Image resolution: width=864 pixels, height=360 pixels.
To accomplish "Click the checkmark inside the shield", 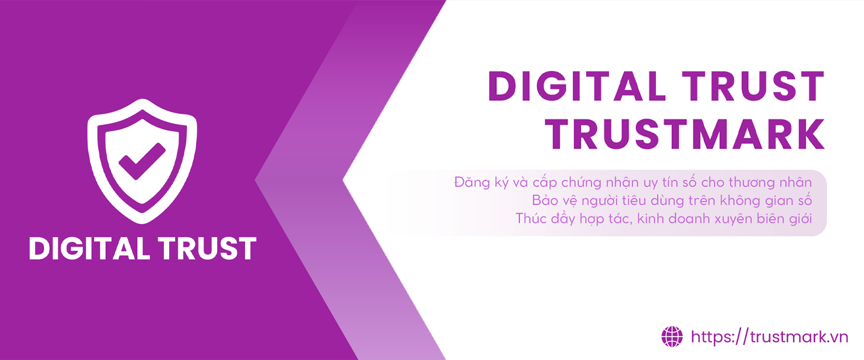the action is pos(142,161).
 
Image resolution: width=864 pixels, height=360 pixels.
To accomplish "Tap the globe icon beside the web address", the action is pos(672,337).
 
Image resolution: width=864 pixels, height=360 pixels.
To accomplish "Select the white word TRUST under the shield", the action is pos(207,248).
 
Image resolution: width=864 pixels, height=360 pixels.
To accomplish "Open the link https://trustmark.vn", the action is pos(769,337).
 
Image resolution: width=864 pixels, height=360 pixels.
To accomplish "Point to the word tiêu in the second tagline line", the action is pos(634,200).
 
